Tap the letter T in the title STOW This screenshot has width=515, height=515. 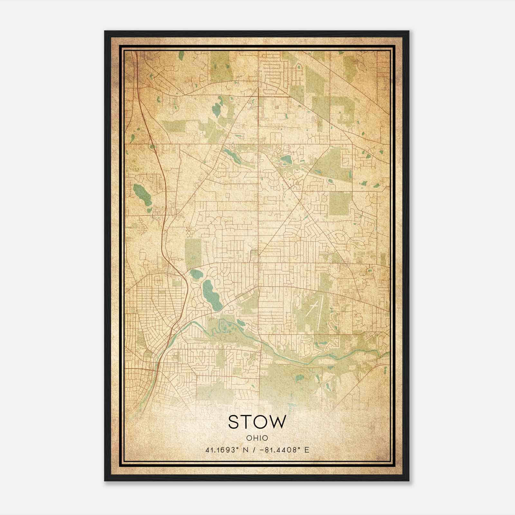pos(249,422)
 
